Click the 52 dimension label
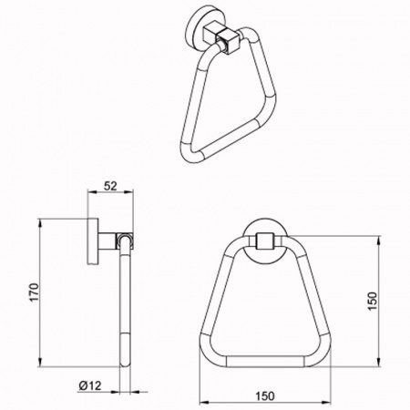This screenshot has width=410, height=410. click(x=110, y=186)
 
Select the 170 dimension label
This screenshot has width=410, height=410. click(x=35, y=292)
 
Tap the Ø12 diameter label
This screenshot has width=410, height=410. click(x=90, y=385)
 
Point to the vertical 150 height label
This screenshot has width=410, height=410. click(x=372, y=301)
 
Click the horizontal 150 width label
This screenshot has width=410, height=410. click(x=264, y=396)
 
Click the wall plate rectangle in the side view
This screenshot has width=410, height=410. click(x=93, y=241)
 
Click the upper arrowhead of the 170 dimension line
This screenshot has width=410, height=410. click(x=39, y=223)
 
